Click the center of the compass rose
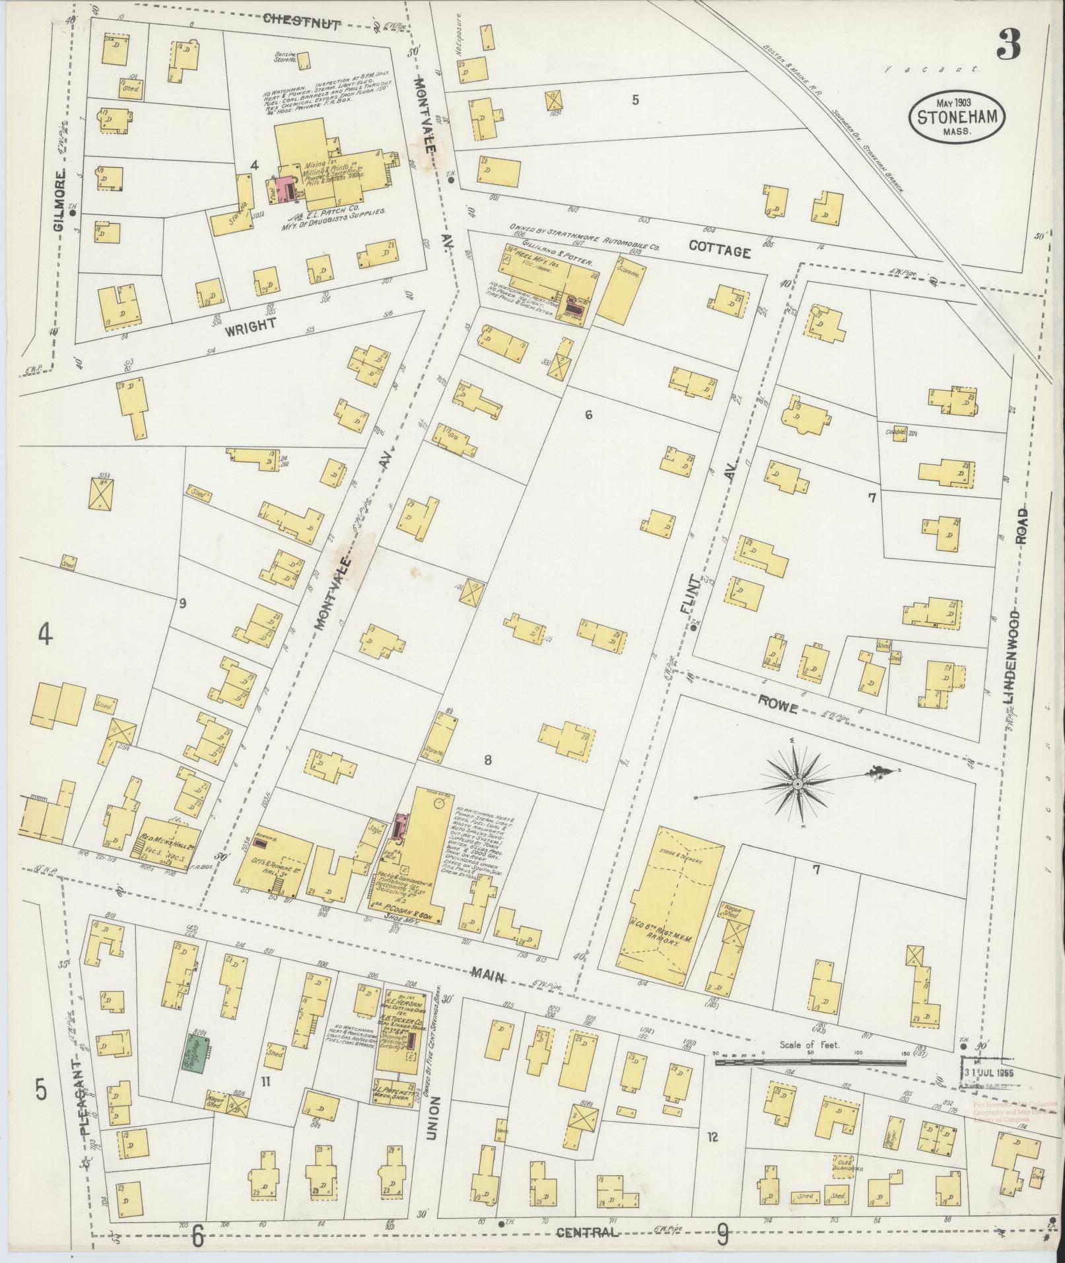[x=797, y=783]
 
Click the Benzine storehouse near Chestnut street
[x=304, y=61]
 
